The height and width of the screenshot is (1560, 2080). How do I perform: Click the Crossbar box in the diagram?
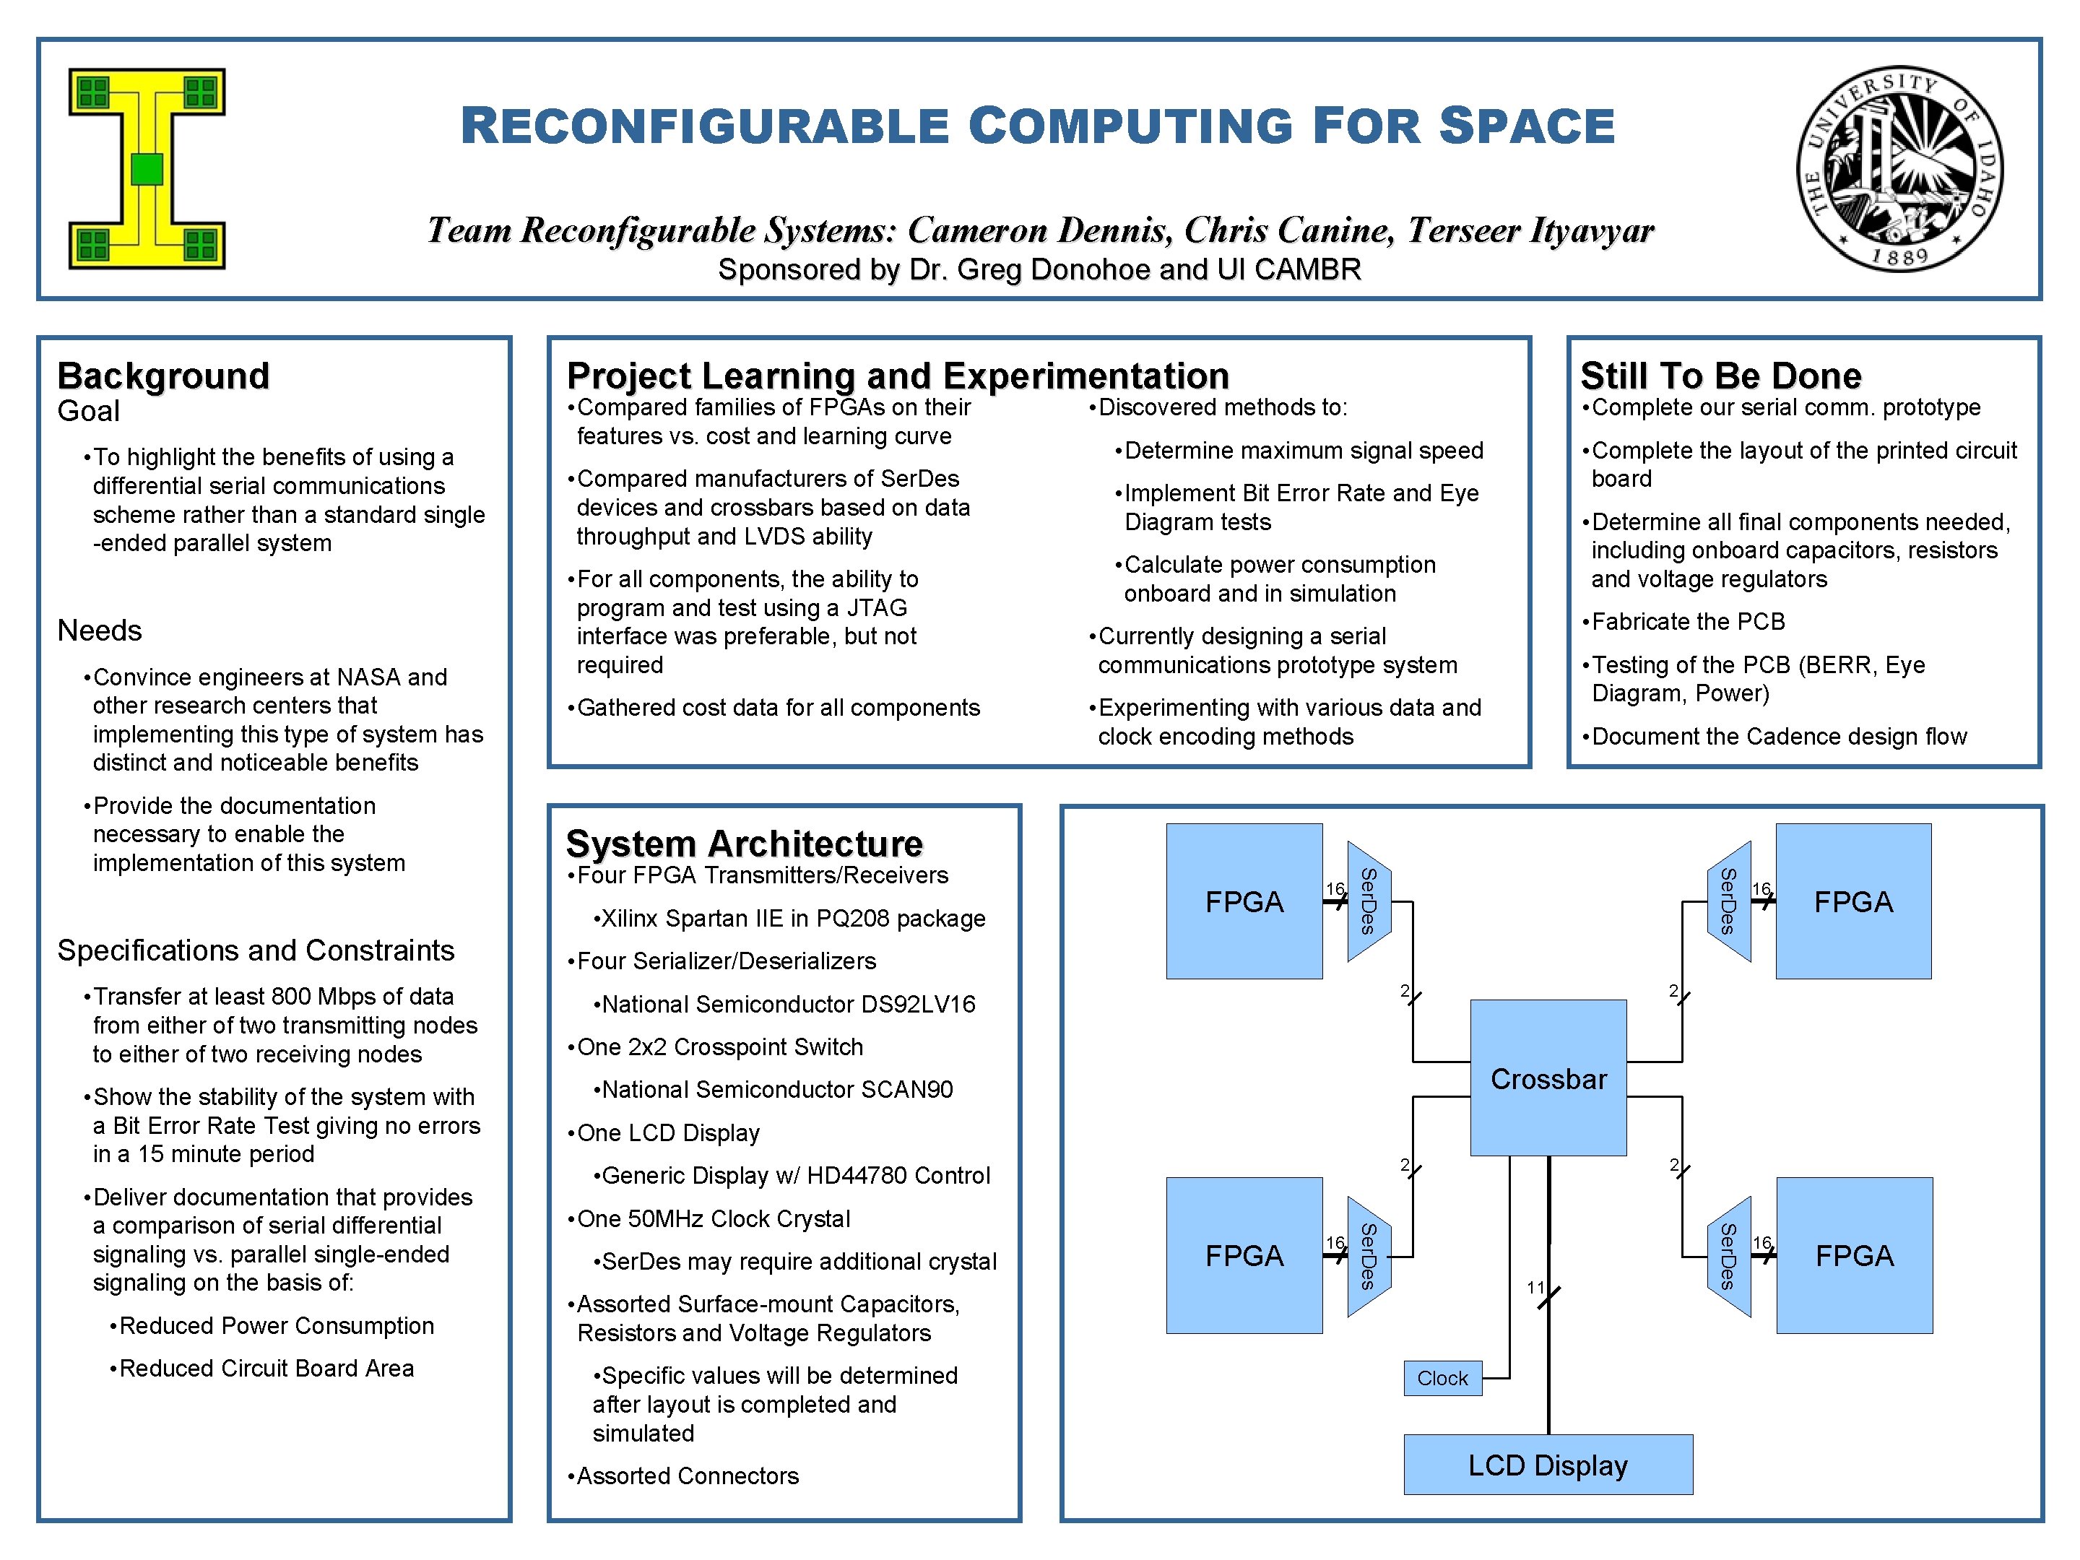tap(1548, 1078)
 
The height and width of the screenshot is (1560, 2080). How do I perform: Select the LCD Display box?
tap(1548, 1464)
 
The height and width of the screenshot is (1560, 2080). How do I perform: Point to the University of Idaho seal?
tap(1899, 169)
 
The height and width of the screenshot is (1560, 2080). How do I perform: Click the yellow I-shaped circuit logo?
tap(147, 169)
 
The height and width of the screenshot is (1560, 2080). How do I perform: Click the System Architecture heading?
tap(744, 844)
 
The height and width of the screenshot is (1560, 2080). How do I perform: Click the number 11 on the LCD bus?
tap(1535, 1287)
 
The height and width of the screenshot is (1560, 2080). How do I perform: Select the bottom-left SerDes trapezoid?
tap(1368, 1255)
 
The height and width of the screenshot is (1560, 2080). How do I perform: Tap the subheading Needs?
tap(100, 630)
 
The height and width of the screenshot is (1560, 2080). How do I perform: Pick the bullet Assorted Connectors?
tap(688, 1475)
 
